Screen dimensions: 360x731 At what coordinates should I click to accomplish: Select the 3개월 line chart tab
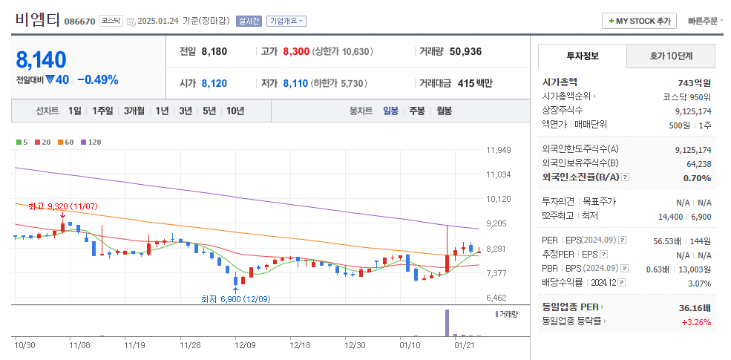click(x=134, y=111)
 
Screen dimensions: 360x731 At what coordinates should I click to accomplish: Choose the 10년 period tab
click(x=235, y=111)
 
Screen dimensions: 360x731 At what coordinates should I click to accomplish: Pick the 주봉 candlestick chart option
click(x=417, y=111)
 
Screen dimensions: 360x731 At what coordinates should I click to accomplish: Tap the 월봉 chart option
click(x=444, y=111)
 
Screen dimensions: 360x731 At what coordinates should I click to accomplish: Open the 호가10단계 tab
click(x=671, y=56)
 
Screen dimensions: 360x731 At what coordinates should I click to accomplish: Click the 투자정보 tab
click(x=583, y=56)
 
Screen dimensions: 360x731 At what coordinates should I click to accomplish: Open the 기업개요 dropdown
click(x=286, y=21)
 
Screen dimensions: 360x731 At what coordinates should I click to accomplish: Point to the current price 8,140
click(x=42, y=60)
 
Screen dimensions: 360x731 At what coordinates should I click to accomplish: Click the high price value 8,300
click(x=295, y=52)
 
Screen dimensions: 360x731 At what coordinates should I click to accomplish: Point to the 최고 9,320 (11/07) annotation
click(x=63, y=206)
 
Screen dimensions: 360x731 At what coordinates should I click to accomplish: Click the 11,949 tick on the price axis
click(x=499, y=150)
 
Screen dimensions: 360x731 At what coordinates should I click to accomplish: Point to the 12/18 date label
click(x=300, y=344)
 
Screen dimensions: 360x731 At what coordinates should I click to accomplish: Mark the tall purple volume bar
click(x=448, y=322)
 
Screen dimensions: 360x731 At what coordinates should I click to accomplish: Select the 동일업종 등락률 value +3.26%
click(x=696, y=321)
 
